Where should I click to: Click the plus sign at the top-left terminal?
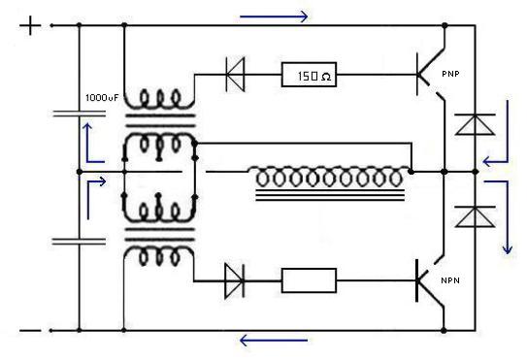pos(30,25)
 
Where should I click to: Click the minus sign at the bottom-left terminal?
pos(30,331)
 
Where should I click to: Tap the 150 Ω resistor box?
pos(309,75)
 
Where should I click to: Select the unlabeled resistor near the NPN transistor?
pos(309,280)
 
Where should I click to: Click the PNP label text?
pos(450,74)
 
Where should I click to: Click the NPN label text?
pos(450,280)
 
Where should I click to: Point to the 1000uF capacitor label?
pos(102,98)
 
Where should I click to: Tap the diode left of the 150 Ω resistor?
pos(235,75)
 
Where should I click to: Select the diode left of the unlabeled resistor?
pos(234,280)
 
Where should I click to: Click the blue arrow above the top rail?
pos(274,16)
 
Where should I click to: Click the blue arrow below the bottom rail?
pos(274,341)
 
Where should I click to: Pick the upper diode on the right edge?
pos(475,124)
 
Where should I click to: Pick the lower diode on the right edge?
pos(475,216)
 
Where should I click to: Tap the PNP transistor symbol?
pos(431,75)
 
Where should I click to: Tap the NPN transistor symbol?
pos(431,280)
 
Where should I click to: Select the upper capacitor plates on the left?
pos(79,115)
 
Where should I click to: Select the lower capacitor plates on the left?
pos(79,242)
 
